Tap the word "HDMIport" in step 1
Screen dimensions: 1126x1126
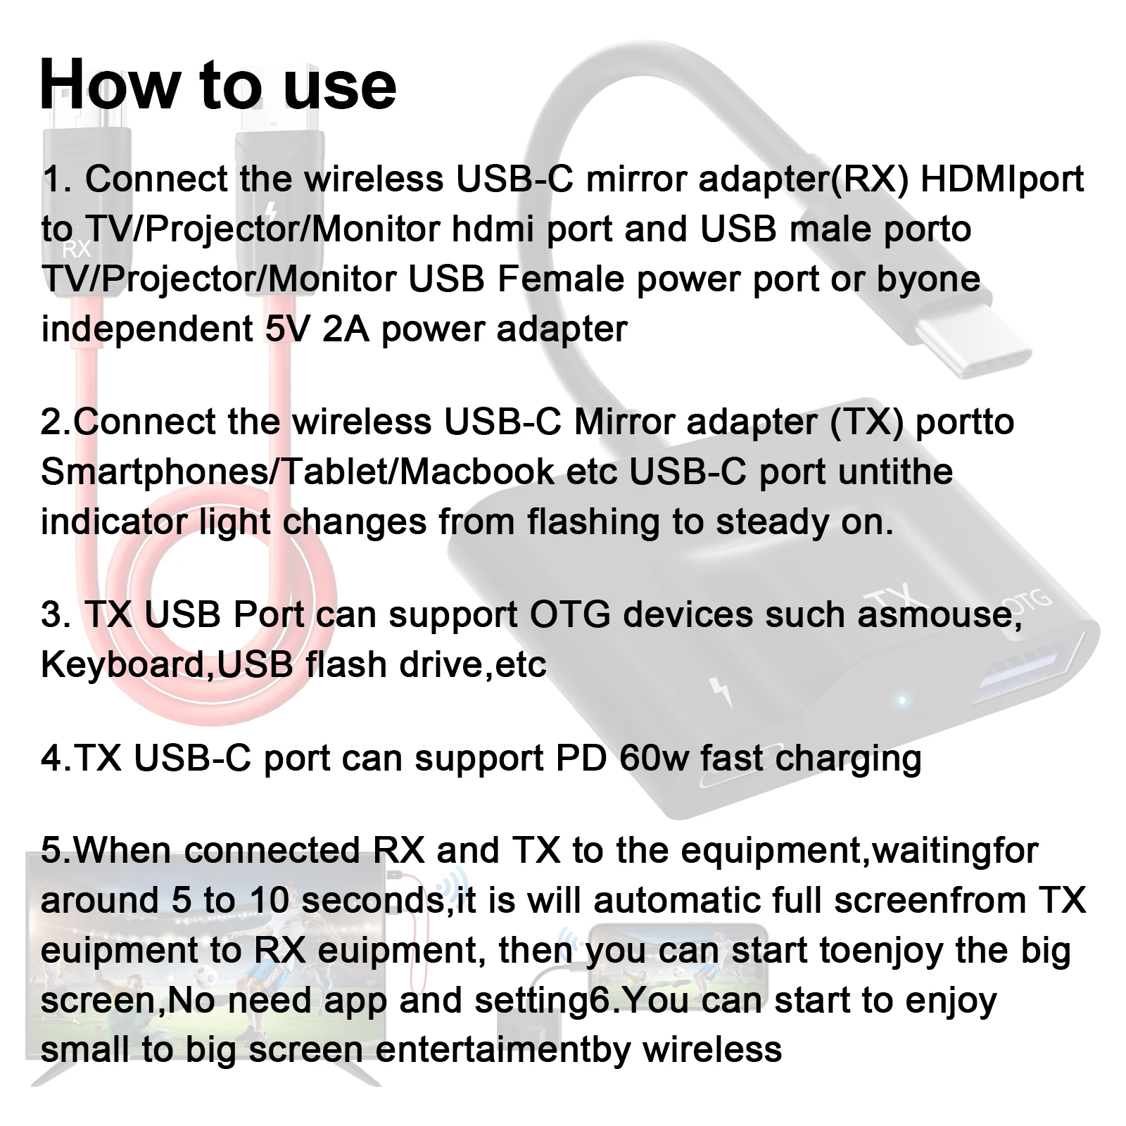coord(1002,179)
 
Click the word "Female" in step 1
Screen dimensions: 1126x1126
coord(550,279)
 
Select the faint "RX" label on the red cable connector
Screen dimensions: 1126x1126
coord(77,249)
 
